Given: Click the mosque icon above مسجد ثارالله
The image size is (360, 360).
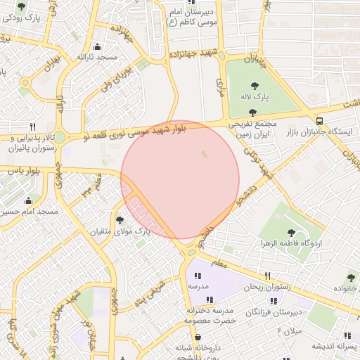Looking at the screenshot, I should (x=106, y=46).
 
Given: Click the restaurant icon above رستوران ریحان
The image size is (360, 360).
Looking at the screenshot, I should (x=267, y=276).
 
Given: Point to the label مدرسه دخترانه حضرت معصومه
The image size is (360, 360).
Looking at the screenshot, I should (x=198, y=314).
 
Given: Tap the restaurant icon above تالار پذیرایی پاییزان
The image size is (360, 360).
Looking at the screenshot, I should (x=32, y=126).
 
